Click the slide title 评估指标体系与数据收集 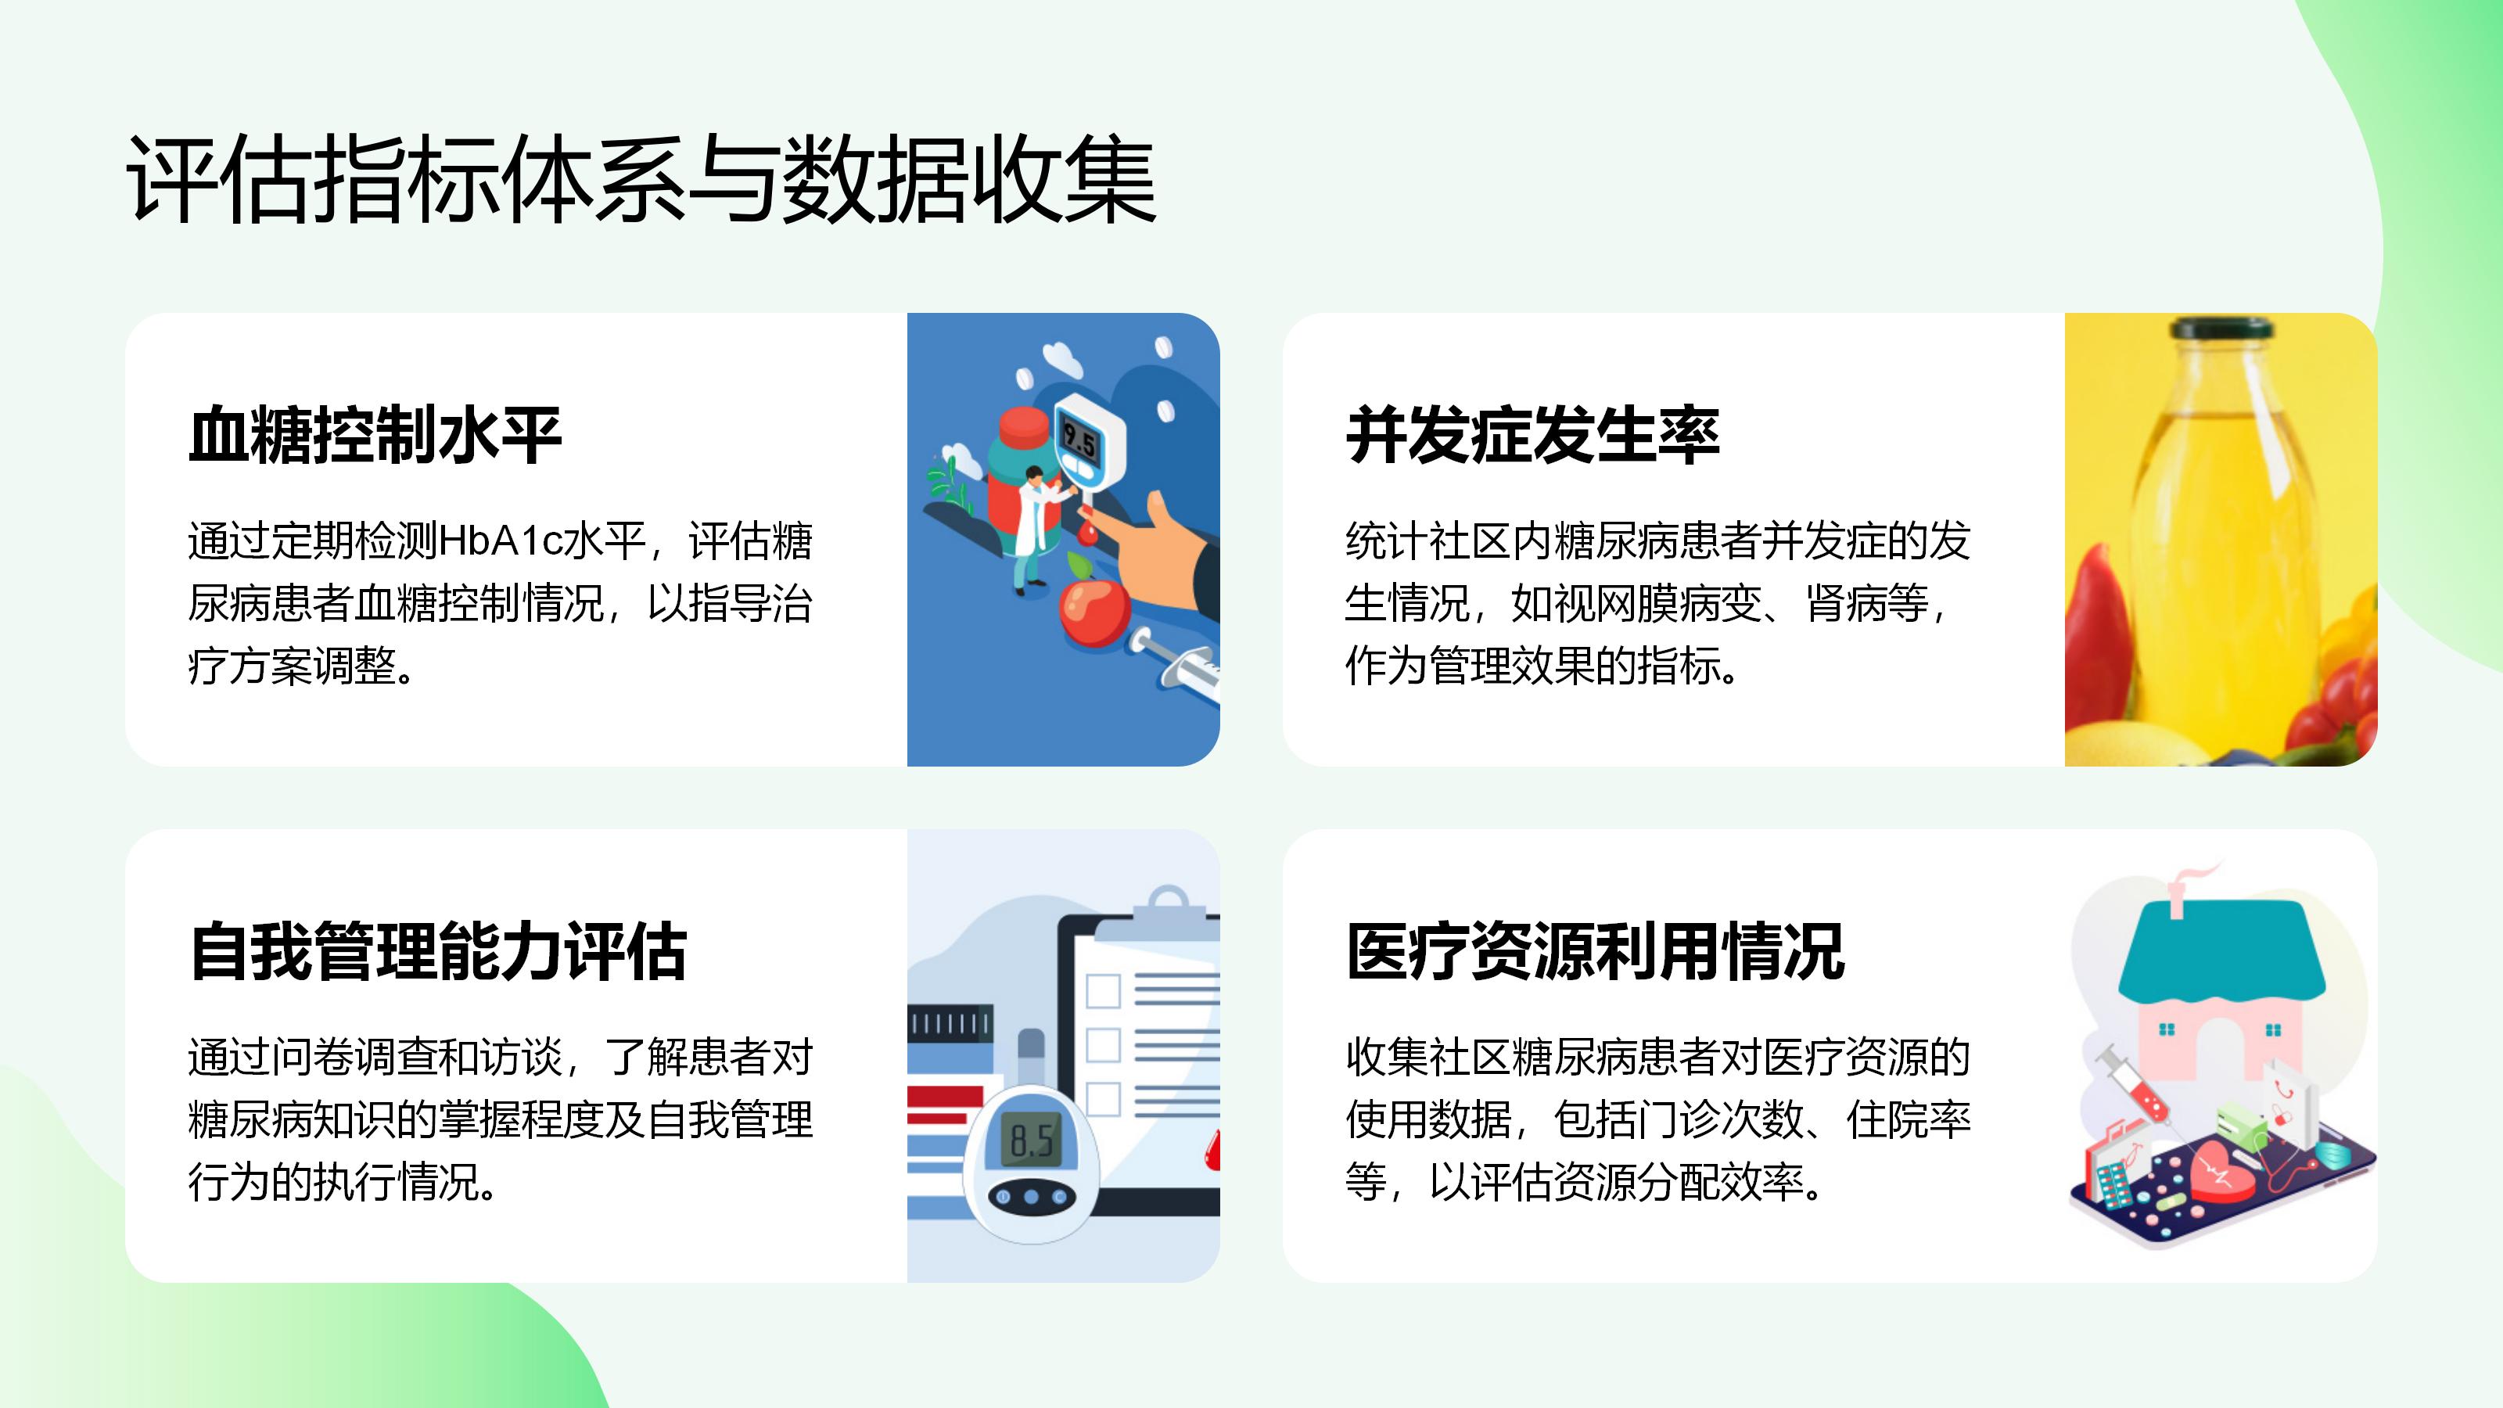click(641, 181)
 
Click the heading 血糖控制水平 click(375, 436)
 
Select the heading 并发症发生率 click(1532, 436)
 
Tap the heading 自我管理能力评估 click(438, 951)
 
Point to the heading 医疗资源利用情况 click(1596, 951)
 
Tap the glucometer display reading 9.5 click(1078, 441)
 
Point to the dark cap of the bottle click(2221, 329)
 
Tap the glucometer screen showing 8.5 click(1031, 1139)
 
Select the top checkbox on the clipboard click(1103, 991)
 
